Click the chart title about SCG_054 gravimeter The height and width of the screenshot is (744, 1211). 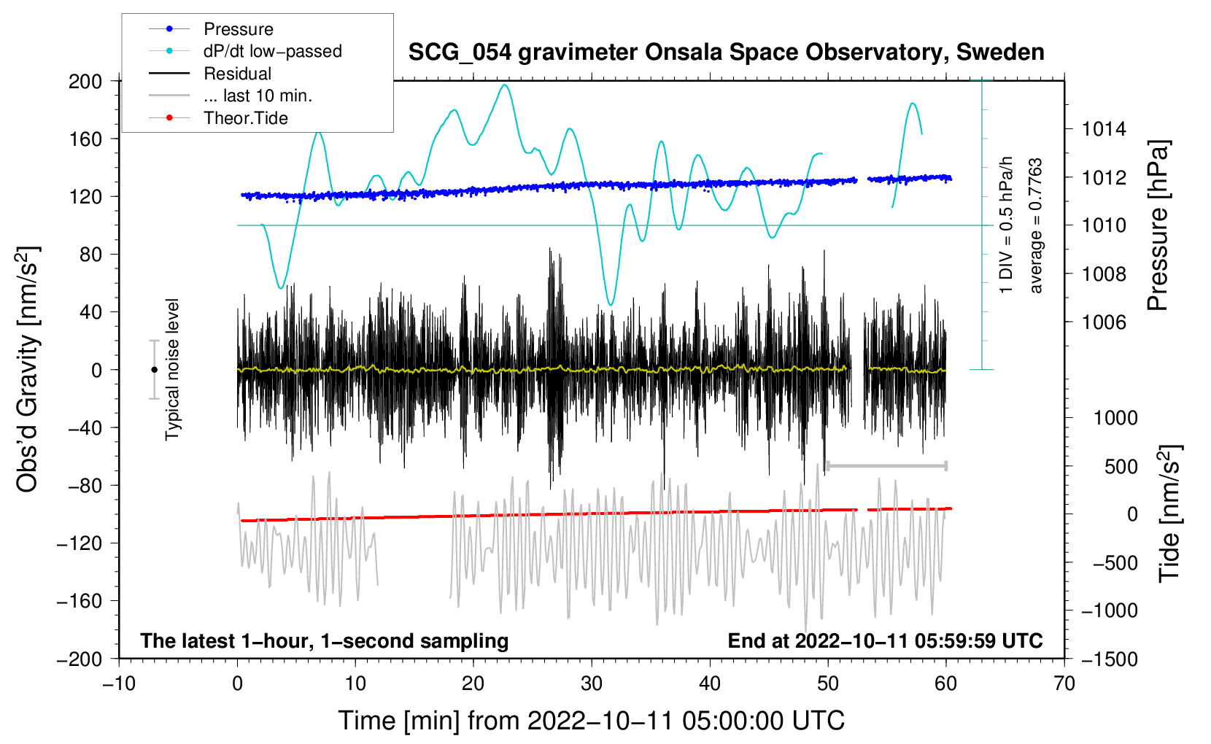(726, 53)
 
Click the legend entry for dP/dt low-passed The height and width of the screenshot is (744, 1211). (272, 51)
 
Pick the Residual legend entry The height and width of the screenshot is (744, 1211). (237, 74)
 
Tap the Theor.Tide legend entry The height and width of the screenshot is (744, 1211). (245, 118)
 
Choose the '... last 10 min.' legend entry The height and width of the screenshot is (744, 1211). (258, 96)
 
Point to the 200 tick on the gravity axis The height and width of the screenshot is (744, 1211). (85, 81)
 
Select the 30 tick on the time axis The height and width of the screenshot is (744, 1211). (592, 683)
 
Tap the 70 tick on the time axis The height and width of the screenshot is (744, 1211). (1064, 683)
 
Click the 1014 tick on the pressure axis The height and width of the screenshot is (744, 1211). (1104, 129)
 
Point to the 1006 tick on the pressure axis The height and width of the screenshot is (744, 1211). (1104, 322)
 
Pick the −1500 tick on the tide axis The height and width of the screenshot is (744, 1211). (1110, 659)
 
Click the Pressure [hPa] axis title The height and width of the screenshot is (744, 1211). (1158, 226)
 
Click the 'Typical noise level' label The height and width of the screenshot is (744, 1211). (172, 369)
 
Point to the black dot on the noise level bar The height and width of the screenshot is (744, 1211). (154, 370)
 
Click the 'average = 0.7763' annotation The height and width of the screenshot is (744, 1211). (1036, 226)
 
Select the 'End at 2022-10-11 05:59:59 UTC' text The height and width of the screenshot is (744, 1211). (885, 640)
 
